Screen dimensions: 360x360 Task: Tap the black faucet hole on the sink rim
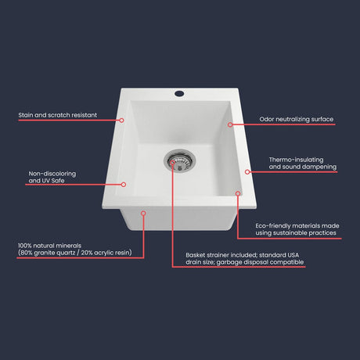pyautogui.click(x=179, y=93)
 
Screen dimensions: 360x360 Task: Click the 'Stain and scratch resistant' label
pyautogui.click(x=57, y=115)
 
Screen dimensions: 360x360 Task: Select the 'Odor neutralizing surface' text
pyautogui.click(x=297, y=120)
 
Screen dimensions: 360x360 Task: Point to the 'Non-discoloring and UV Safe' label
pyautogui.click(x=49, y=177)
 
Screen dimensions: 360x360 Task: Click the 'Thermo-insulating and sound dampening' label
pyautogui.click(x=302, y=163)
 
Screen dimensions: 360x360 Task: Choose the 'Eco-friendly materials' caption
pyautogui.click(x=297, y=229)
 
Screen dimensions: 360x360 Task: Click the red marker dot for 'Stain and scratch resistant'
pyautogui.click(x=122, y=120)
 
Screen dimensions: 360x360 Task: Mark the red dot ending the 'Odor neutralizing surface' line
pyautogui.click(x=230, y=124)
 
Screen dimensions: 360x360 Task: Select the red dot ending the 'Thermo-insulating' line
pyautogui.click(x=247, y=171)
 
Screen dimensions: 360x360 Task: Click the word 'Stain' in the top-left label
pyautogui.click(x=27, y=115)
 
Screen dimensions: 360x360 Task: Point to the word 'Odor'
pyautogui.click(x=268, y=120)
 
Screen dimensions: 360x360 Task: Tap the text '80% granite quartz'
pyautogui.click(x=52, y=254)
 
